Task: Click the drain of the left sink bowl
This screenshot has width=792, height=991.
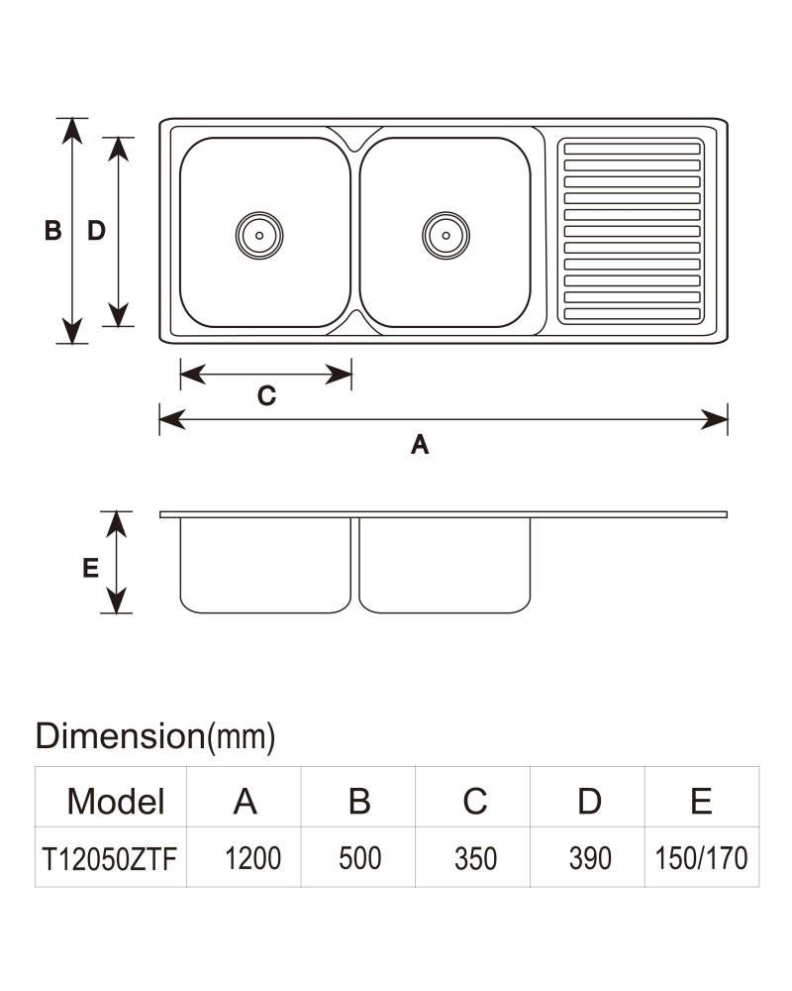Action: click(259, 235)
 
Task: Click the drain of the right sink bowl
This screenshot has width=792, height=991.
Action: click(445, 235)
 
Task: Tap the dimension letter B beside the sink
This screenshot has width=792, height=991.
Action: click(53, 231)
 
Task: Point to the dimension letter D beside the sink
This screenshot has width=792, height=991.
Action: click(96, 231)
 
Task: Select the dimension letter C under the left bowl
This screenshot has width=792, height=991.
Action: click(266, 396)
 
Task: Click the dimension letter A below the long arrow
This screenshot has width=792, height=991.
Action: click(420, 444)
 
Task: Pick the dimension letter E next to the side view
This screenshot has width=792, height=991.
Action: click(90, 568)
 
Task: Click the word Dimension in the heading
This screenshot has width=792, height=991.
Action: click(120, 735)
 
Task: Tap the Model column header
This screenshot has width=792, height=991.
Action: click(116, 802)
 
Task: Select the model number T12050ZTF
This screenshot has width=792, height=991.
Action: click(109, 859)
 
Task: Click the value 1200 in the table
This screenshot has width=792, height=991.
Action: click(252, 858)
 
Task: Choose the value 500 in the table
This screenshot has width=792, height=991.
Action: click(360, 858)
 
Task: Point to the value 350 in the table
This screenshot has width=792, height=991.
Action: click(475, 859)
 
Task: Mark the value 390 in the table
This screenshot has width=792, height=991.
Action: click(590, 859)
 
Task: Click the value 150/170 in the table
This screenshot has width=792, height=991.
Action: click(701, 858)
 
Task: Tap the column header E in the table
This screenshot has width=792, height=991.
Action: click(701, 802)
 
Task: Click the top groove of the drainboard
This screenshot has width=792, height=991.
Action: click(633, 150)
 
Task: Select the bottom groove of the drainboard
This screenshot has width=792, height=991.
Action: click(633, 313)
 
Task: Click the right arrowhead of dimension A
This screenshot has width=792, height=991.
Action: click(715, 419)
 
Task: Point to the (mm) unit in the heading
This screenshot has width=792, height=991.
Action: click(242, 737)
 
